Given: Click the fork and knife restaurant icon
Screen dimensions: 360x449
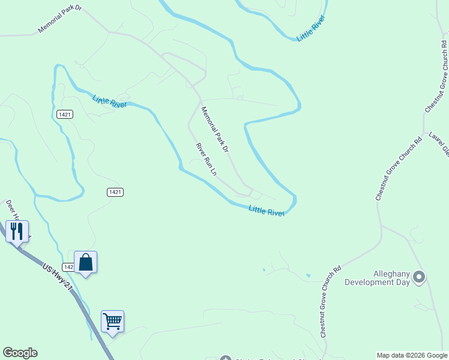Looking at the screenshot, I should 17,230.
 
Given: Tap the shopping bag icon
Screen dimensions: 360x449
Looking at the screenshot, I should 85,262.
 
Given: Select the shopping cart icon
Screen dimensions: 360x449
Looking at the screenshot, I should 112,322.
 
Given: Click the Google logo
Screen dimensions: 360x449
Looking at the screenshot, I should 20,353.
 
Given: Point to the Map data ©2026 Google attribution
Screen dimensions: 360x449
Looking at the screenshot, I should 411,355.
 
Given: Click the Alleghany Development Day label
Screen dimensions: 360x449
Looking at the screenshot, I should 376,277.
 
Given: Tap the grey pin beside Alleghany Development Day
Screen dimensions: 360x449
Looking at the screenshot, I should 419,277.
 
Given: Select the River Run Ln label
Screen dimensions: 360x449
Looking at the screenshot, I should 206,159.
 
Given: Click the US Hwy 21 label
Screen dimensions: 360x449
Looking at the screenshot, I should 57,277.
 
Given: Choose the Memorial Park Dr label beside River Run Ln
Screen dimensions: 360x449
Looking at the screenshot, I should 215,128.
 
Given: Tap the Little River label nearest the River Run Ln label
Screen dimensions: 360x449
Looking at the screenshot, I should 267,210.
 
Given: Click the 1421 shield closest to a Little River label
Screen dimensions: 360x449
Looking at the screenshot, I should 65,114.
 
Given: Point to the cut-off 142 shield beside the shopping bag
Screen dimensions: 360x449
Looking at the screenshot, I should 68,266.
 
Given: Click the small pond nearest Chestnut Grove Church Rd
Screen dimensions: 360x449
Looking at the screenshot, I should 308,275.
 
